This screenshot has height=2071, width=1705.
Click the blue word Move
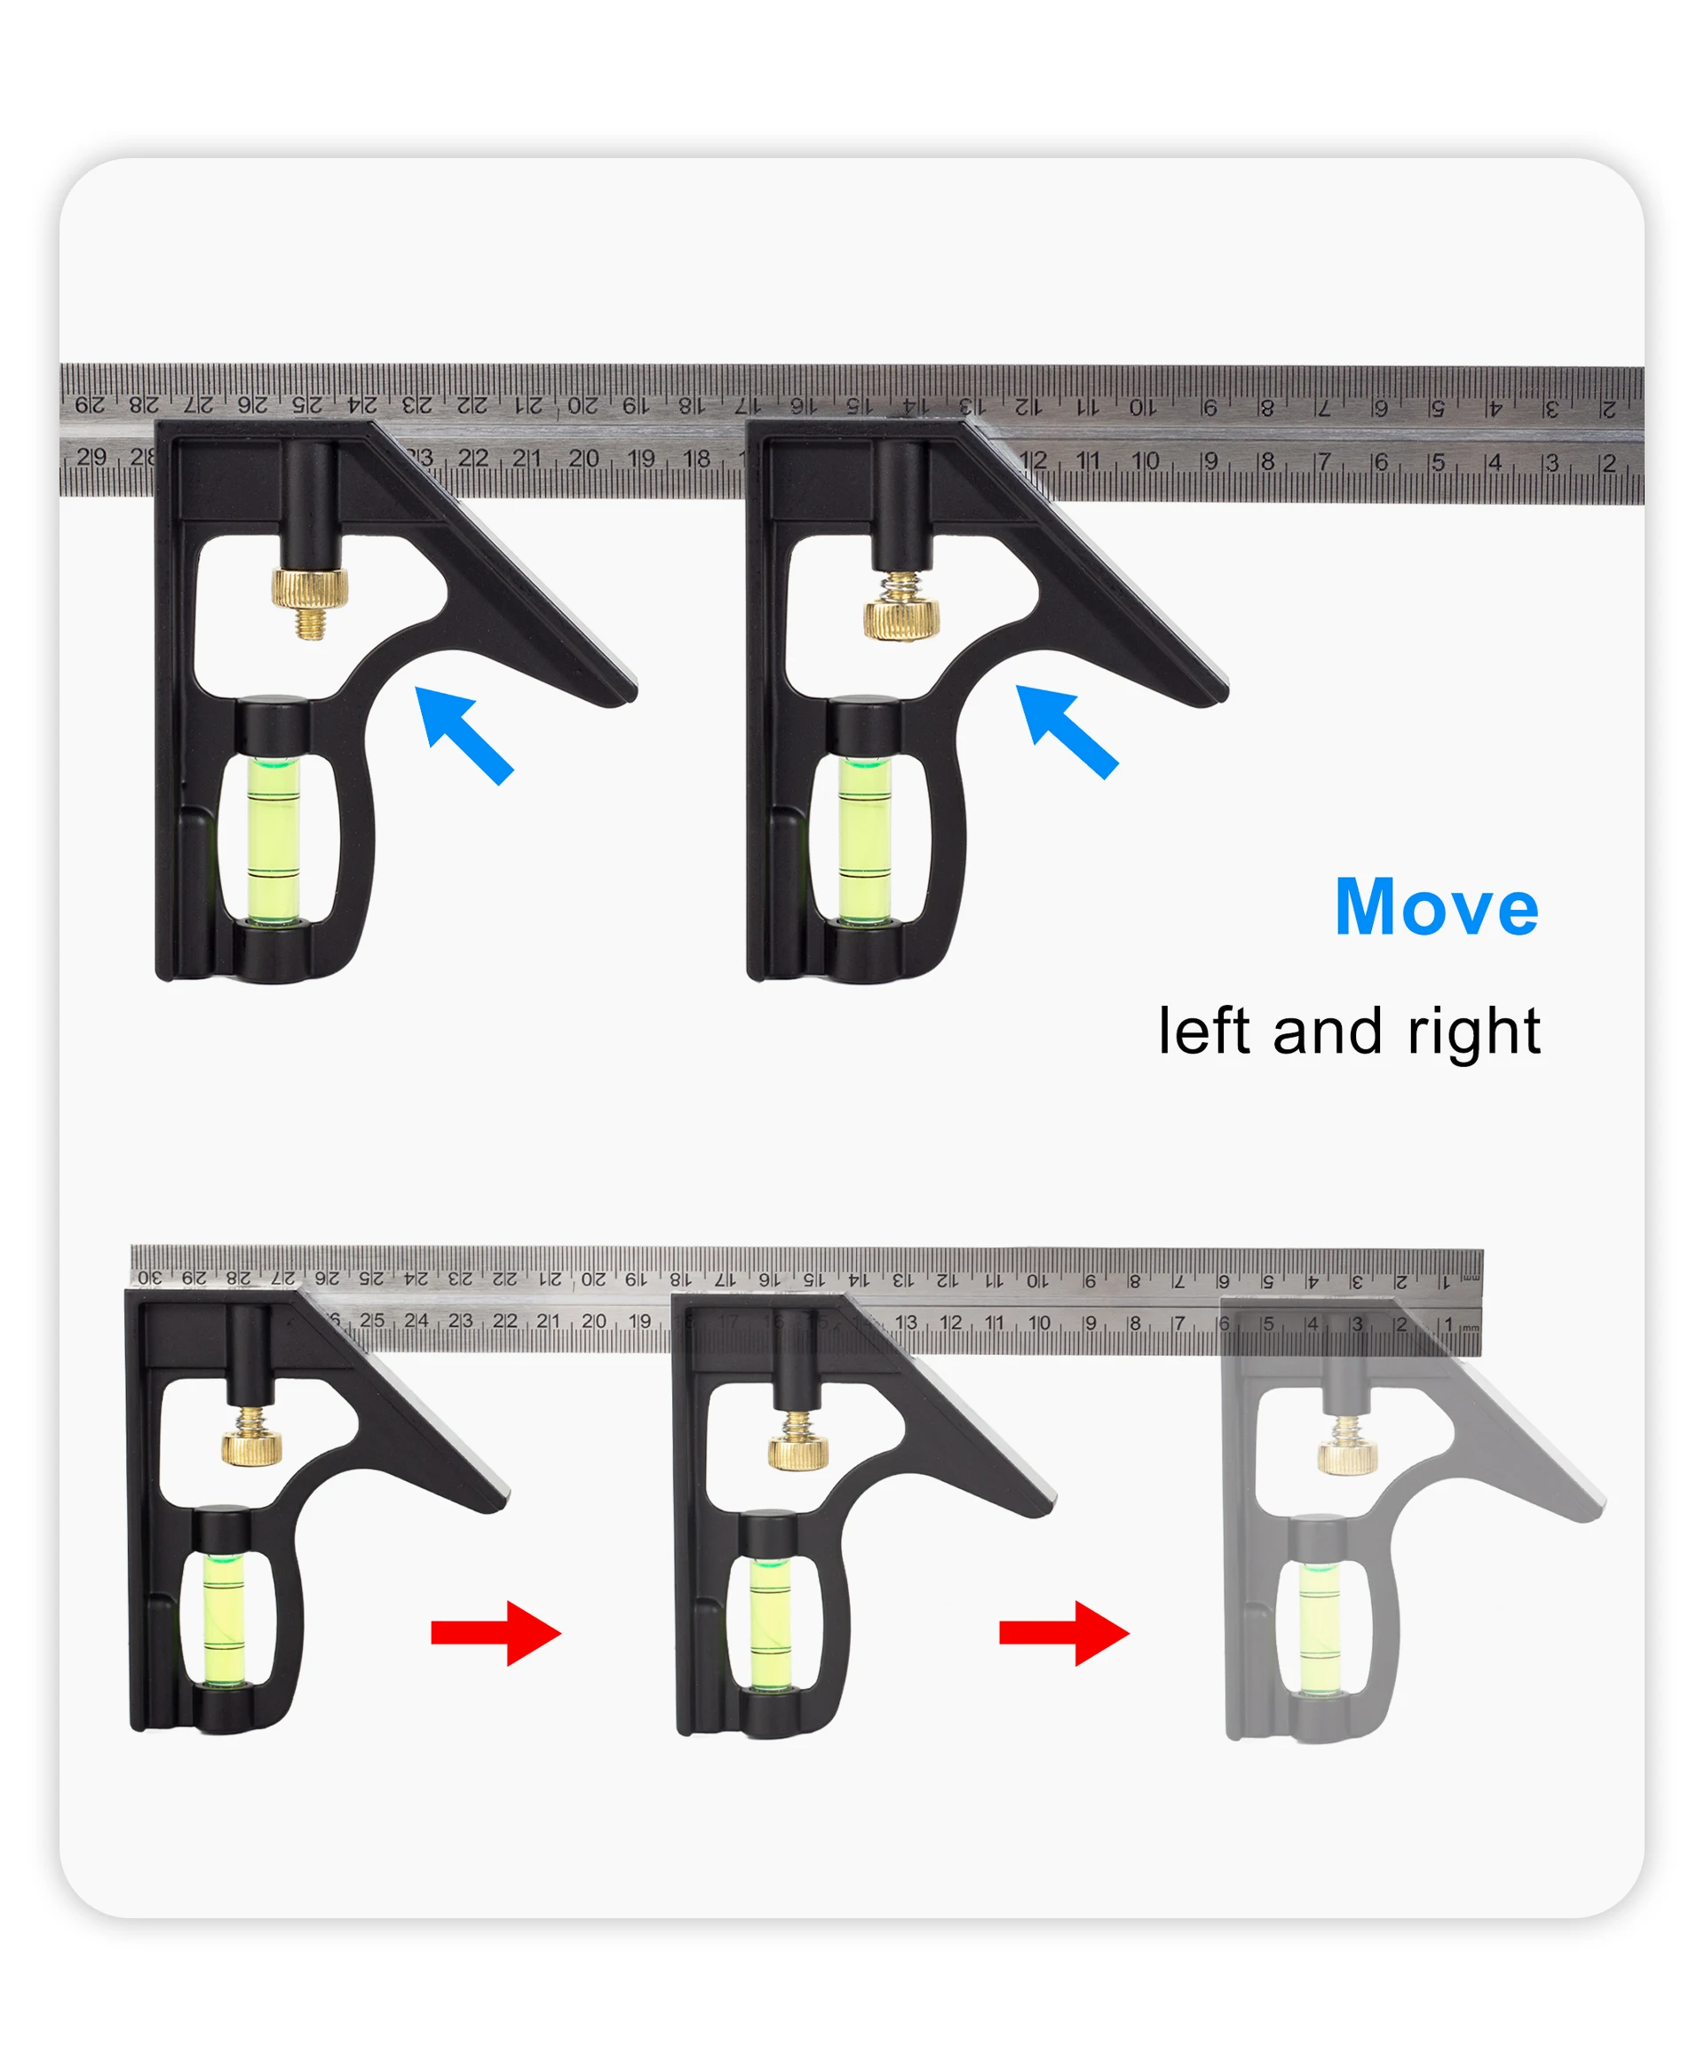coord(1436,907)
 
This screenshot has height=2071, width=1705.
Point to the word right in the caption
coord(1473,1033)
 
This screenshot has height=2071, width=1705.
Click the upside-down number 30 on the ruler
coord(148,1278)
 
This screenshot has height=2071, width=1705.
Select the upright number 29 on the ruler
coord(91,457)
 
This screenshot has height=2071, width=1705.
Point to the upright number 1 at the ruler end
coord(1447,1326)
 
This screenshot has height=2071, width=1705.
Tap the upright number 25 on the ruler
coord(371,1320)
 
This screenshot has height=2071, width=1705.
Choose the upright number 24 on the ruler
coord(416,1320)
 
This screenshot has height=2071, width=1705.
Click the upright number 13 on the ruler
coord(906,1322)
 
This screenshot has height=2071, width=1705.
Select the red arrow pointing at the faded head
coord(1065,1633)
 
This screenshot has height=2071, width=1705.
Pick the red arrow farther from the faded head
coord(496,1633)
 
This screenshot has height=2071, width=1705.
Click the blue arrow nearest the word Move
coord(1067,732)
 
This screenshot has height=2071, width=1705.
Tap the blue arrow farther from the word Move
coord(464,736)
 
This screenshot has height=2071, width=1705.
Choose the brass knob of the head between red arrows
coord(797,1441)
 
